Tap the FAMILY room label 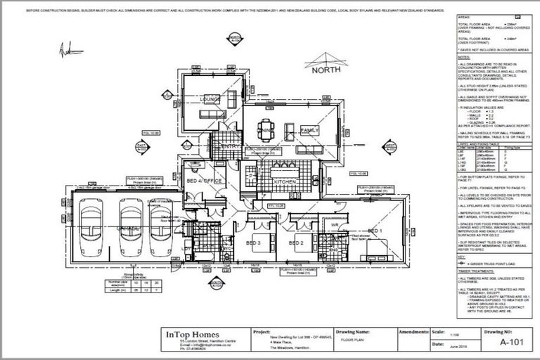point(309,131)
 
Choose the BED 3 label point(255,243)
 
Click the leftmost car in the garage point(94,229)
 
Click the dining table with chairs point(267,130)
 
